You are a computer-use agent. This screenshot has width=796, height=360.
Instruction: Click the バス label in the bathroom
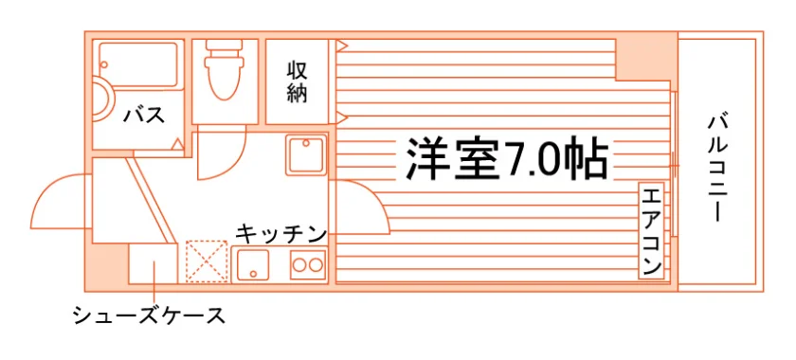[x=145, y=116]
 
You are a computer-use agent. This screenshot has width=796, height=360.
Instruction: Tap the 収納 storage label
[x=297, y=82]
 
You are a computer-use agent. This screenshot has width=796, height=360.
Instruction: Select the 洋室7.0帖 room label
[x=507, y=157]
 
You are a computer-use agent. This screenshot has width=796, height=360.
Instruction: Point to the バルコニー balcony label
[x=718, y=169]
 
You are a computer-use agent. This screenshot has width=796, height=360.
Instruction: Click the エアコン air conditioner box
[x=651, y=231]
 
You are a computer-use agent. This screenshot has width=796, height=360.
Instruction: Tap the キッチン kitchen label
[x=280, y=233]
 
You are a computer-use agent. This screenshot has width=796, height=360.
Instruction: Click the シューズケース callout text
[x=149, y=315]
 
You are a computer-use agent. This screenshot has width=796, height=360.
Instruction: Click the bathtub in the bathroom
[x=137, y=65]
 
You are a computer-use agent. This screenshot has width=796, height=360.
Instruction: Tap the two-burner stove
[x=308, y=264]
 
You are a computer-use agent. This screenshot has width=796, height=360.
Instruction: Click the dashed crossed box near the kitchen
[x=207, y=261]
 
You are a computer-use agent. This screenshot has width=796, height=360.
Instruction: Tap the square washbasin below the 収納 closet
[x=305, y=154]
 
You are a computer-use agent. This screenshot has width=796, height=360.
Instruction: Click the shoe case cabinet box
[x=153, y=263]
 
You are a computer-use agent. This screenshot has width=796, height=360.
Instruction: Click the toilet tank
[x=224, y=48]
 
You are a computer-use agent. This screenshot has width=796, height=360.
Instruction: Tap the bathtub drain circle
[x=104, y=65]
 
